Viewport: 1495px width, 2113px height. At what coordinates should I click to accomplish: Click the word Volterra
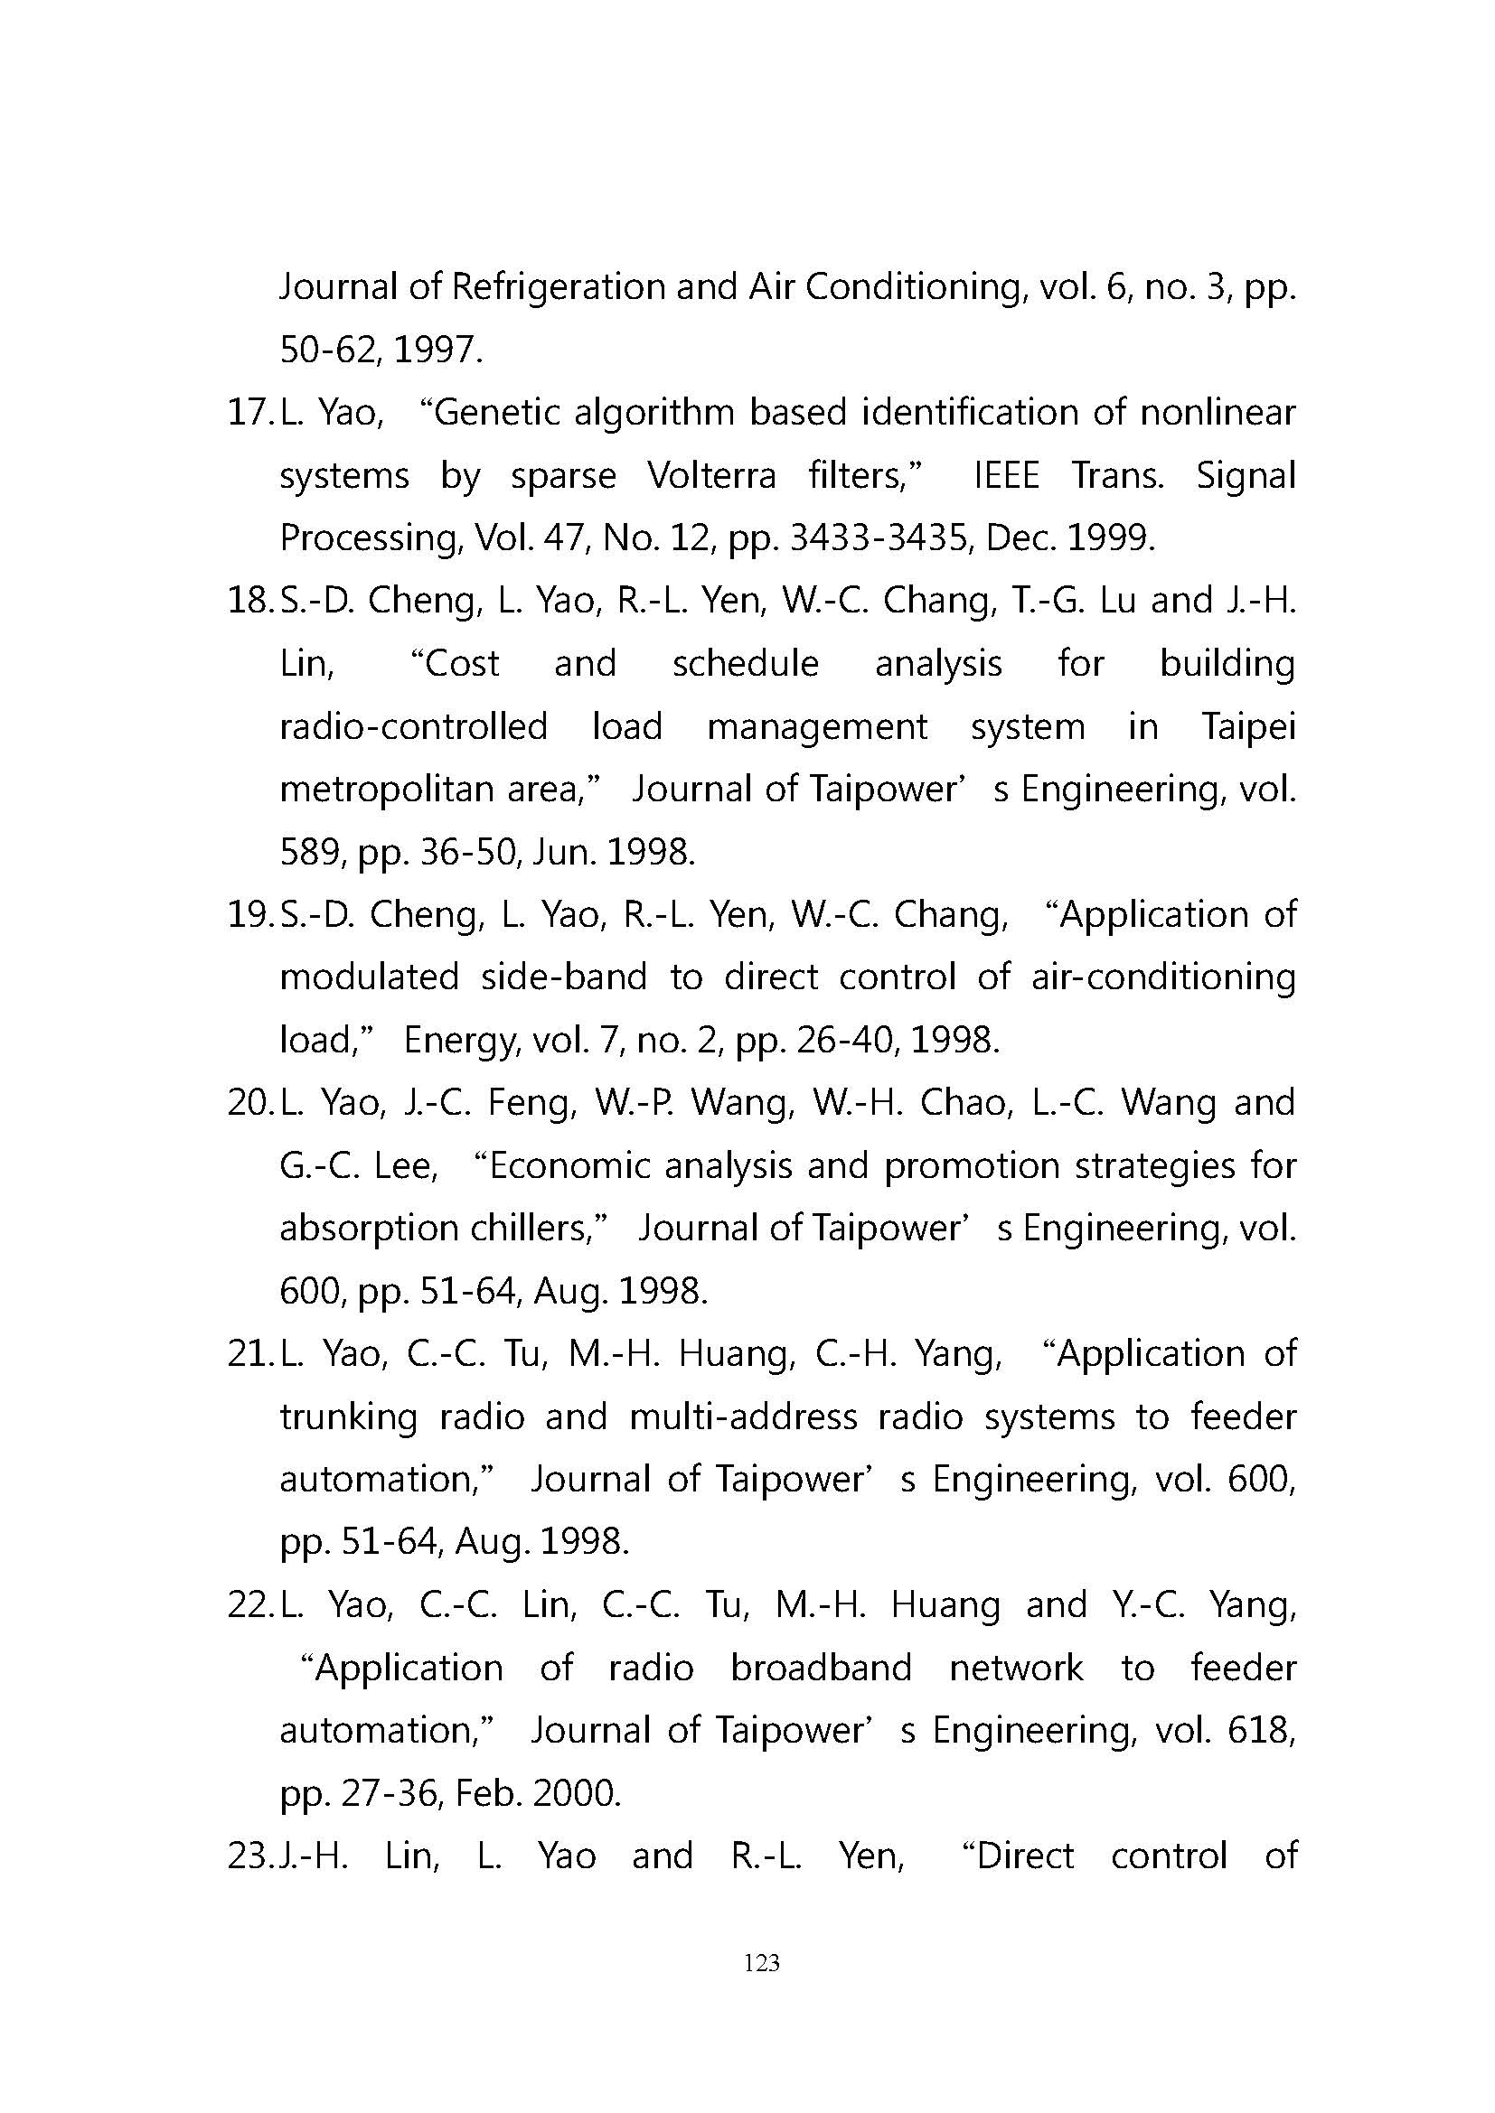710,476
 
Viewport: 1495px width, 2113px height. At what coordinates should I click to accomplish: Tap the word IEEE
1006,476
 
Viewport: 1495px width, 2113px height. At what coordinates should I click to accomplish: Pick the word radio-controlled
413,727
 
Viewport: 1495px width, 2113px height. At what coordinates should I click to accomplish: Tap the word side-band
563,977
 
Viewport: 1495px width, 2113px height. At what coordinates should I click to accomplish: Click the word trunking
348,1417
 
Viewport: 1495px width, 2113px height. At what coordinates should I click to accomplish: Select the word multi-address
743,1417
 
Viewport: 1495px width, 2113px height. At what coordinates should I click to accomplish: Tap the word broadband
821,1669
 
